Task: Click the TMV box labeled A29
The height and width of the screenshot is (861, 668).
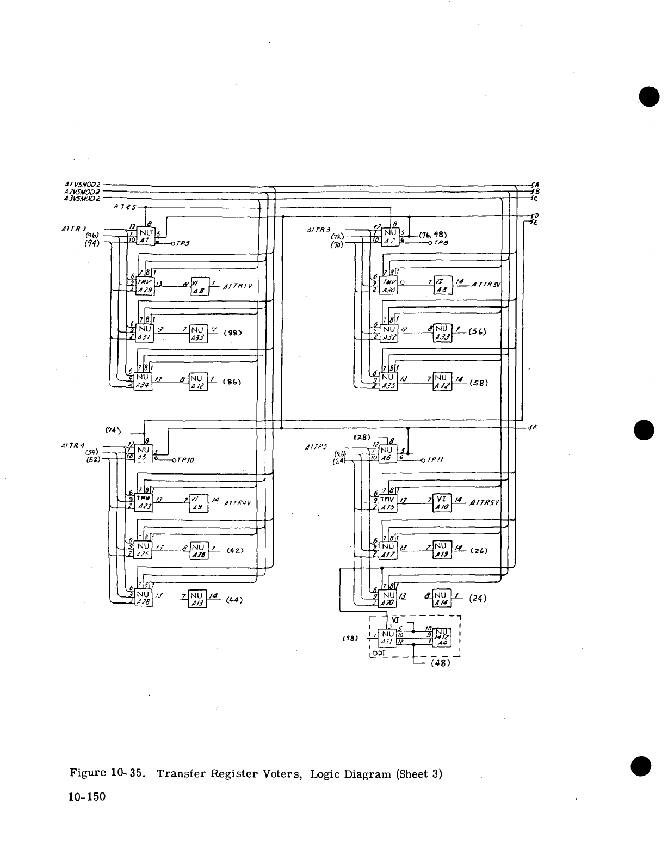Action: click(145, 286)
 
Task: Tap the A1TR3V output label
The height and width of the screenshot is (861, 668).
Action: click(490, 285)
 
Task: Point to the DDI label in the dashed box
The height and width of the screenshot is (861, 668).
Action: click(378, 652)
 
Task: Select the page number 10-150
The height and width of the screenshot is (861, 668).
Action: click(86, 797)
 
